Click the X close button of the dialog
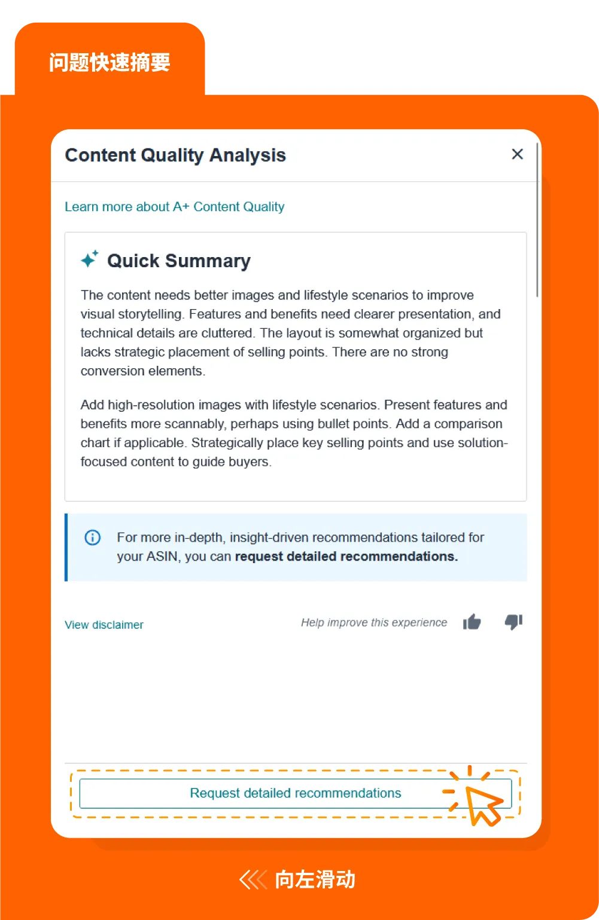pyautogui.click(x=518, y=154)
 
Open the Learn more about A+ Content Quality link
pyautogui.click(x=174, y=207)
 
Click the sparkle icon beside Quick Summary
pyautogui.click(x=90, y=259)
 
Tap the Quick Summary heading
pyautogui.click(x=178, y=261)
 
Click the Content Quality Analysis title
pyautogui.click(x=175, y=155)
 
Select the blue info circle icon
pyautogui.click(x=93, y=537)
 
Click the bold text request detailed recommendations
pyautogui.click(x=346, y=557)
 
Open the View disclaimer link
pyautogui.click(x=104, y=625)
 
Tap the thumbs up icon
pyautogui.click(x=472, y=622)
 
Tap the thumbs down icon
pyautogui.click(x=513, y=622)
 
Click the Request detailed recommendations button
pyautogui.click(x=295, y=793)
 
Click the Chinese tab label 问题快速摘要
pyautogui.click(x=110, y=62)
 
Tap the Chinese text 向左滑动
pyautogui.click(x=315, y=880)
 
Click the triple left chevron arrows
pyautogui.click(x=253, y=880)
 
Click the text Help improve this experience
pyautogui.click(x=374, y=623)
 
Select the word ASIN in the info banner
pyautogui.click(x=162, y=557)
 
